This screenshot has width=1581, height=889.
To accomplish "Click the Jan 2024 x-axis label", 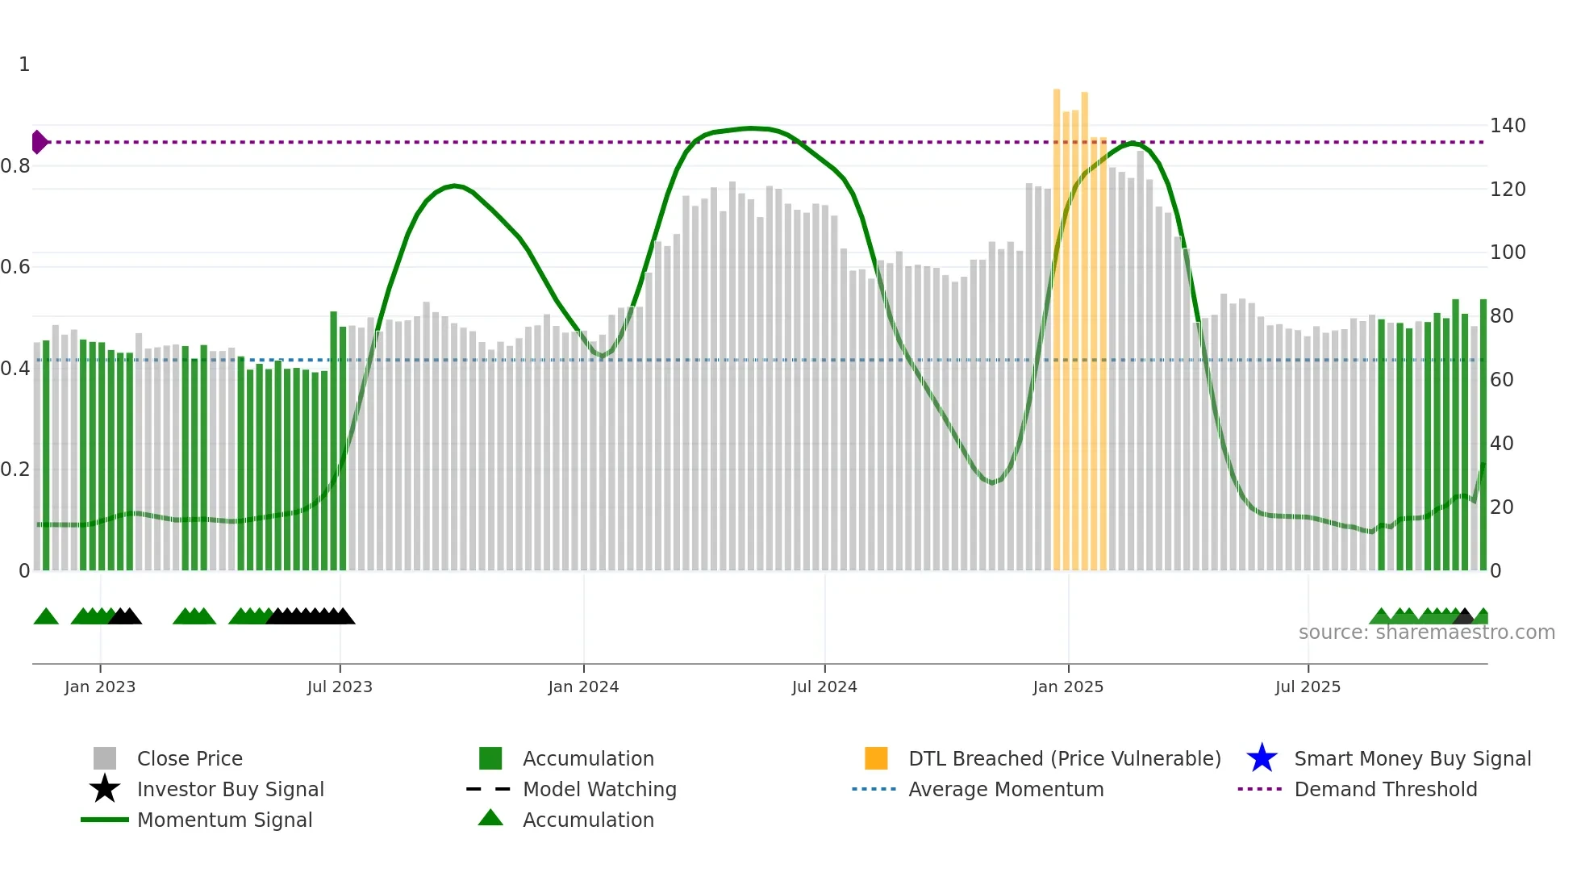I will point(583,687).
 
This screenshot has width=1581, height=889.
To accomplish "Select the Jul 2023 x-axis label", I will point(340,687).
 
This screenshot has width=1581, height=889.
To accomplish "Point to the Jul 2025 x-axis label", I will point(1308,687).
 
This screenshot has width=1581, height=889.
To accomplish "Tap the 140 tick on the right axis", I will point(1507,126).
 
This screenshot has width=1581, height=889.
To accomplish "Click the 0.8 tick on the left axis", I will point(16,166).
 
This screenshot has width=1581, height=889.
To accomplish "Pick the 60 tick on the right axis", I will point(1502,380).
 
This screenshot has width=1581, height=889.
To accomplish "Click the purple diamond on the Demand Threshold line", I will point(39,142).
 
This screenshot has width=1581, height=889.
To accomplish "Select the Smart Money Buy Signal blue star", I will point(1262,758).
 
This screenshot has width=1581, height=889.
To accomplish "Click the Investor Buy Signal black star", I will point(105,789).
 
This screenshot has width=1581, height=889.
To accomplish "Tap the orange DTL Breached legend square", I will point(876,758).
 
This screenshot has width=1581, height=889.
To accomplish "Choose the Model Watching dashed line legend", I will point(489,789).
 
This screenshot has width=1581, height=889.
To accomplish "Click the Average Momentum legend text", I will point(1006,789).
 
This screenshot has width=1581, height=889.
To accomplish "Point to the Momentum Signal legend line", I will point(105,820).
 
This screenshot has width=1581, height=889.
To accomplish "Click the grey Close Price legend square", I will point(105,758).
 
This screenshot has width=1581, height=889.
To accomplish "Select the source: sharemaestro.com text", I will point(1426,632).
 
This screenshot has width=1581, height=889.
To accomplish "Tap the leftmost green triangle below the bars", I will point(46,616).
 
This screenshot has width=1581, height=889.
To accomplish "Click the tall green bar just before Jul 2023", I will point(333,440).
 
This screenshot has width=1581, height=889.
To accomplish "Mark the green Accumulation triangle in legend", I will point(490,818).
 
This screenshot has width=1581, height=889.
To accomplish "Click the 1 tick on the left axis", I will point(24,65).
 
